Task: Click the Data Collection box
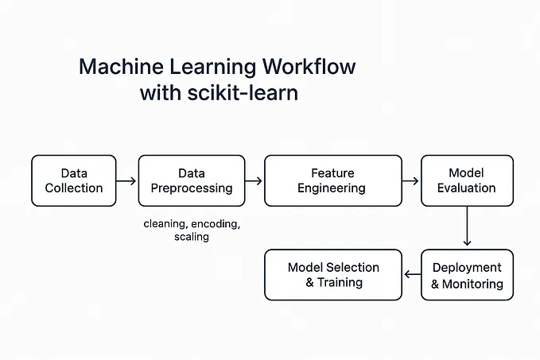[73, 180]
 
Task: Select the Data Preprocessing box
[191, 180]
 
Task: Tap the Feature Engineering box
[332, 180]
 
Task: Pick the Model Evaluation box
[467, 180]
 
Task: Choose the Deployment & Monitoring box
[467, 275]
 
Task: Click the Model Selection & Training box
[332, 275]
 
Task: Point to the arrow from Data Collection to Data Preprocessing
[126, 181]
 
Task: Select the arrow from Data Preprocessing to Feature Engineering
[254, 181]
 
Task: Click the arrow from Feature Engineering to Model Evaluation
[411, 181]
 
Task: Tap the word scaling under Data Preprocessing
[191, 237]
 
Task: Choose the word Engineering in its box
[332, 188]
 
